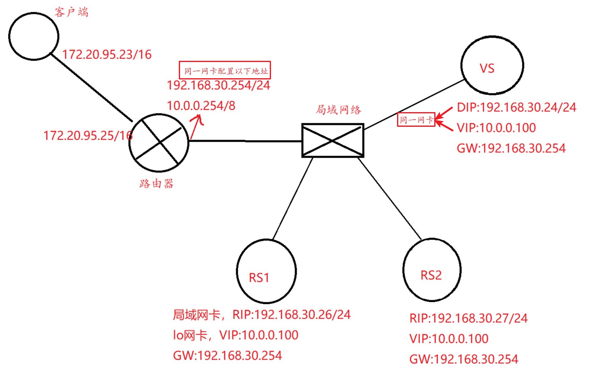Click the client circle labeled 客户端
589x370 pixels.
(x=34, y=36)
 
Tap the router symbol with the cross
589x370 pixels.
(x=159, y=143)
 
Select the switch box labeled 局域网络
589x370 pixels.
(x=333, y=141)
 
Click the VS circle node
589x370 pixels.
(x=492, y=65)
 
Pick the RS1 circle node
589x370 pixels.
(x=266, y=271)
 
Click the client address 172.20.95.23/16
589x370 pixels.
(x=107, y=55)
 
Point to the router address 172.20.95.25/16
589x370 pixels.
(x=88, y=136)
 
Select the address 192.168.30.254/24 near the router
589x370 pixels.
(x=218, y=85)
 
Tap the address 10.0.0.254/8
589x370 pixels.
(x=201, y=106)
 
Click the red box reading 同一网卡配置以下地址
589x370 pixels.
(x=225, y=70)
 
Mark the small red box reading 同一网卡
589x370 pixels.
(x=416, y=119)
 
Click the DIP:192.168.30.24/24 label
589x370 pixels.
(x=516, y=108)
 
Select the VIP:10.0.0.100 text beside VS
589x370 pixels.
(x=496, y=128)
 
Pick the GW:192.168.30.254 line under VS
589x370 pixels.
(x=511, y=148)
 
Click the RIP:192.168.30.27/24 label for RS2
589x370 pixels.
(x=468, y=318)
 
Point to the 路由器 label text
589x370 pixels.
(x=157, y=184)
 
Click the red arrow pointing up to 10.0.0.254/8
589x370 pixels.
(x=196, y=126)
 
